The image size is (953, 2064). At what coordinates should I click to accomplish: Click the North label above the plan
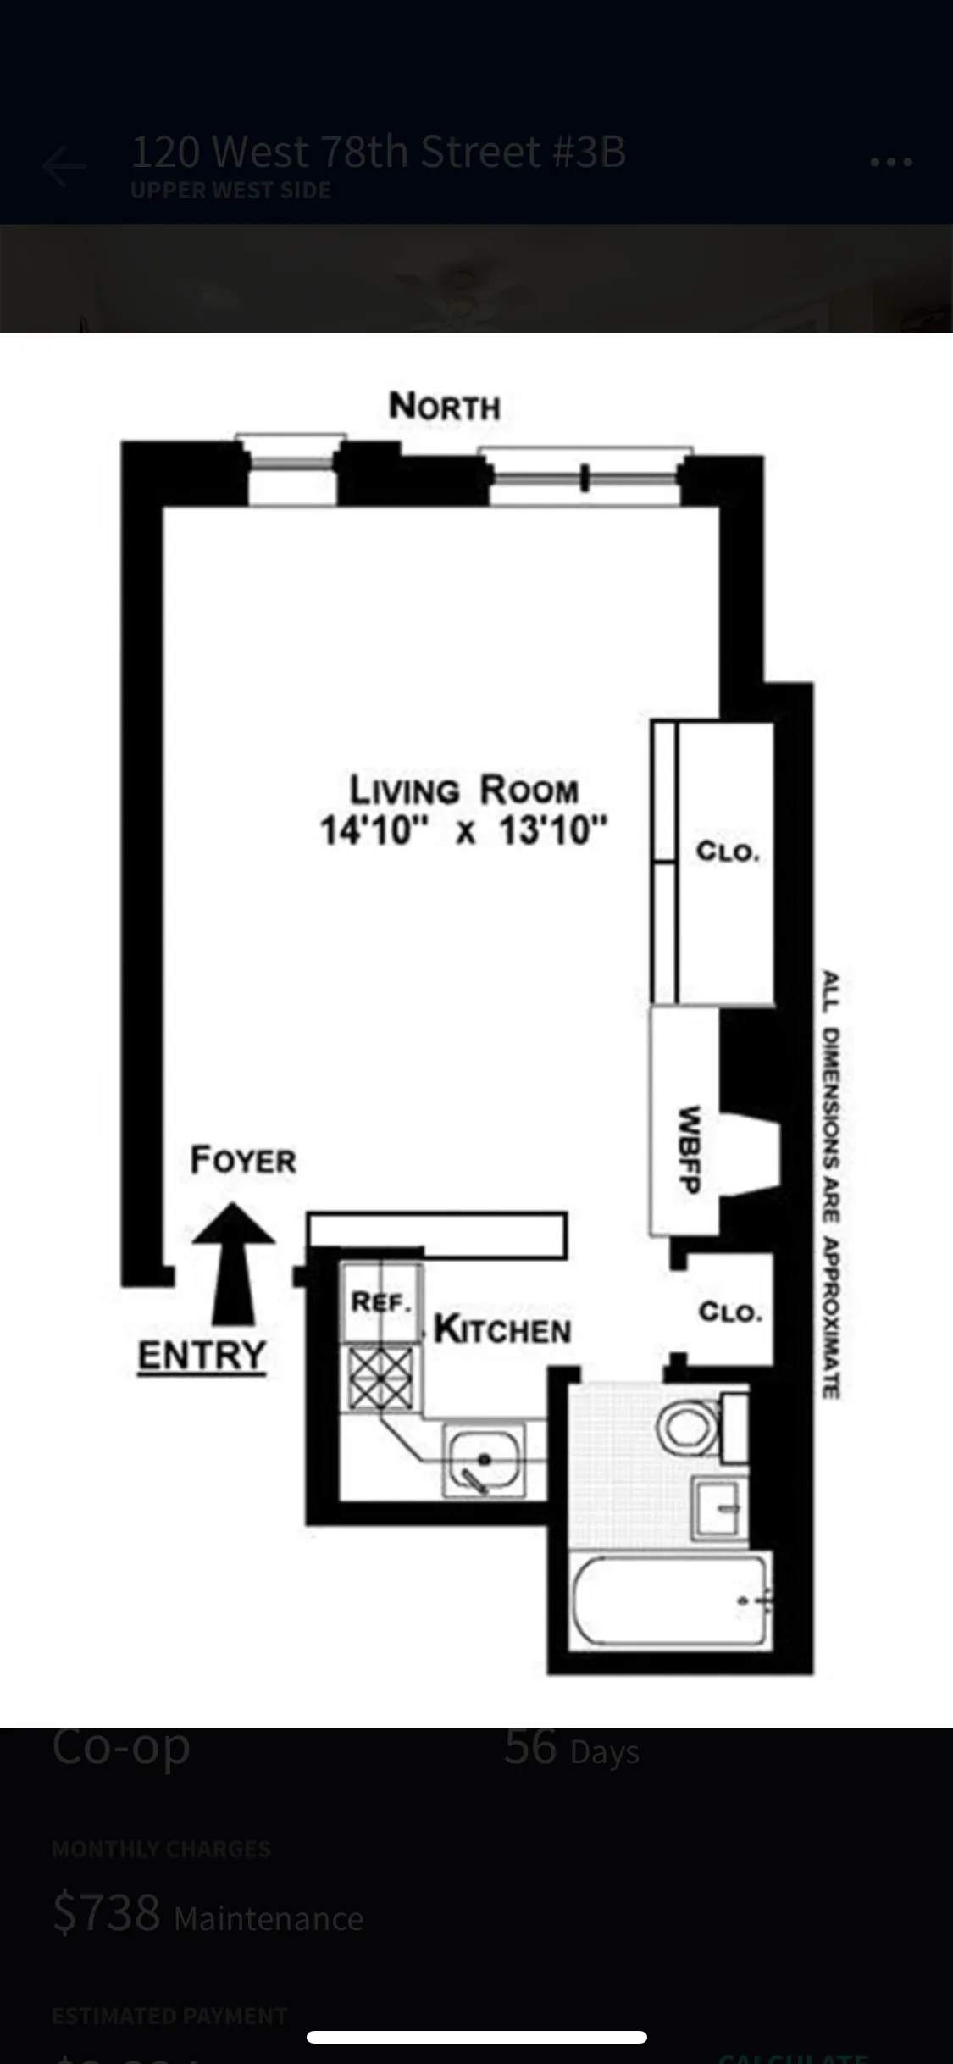(444, 407)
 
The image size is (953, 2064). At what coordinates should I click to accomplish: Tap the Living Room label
(464, 790)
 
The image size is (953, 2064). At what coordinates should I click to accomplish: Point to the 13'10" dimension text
(552, 830)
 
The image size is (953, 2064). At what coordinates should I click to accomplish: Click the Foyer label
(243, 1160)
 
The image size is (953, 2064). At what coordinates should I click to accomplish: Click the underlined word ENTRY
(202, 1355)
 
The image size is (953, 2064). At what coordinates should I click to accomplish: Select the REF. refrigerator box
(381, 1302)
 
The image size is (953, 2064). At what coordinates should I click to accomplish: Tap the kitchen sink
(484, 1460)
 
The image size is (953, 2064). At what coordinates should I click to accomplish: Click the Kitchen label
(502, 1329)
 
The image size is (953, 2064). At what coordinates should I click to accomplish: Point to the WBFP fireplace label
(688, 1150)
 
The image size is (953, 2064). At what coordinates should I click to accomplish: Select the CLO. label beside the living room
(728, 852)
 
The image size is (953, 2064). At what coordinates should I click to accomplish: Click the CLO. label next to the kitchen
(730, 1312)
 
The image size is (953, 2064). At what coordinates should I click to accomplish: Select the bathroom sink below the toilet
(720, 1507)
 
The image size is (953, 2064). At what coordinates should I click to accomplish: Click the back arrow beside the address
(64, 166)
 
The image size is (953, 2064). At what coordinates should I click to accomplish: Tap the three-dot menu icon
(891, 162)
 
